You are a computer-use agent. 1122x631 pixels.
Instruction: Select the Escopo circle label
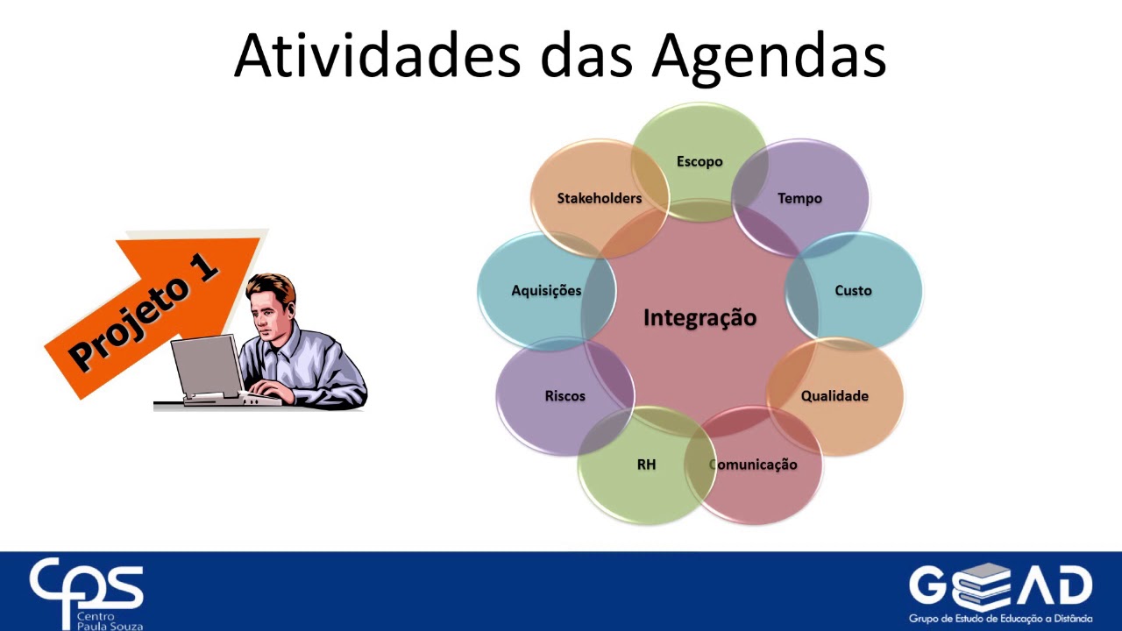point(699,161)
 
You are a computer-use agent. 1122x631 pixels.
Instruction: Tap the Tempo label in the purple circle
point(799,198)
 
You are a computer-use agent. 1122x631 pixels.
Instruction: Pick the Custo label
point(853,290)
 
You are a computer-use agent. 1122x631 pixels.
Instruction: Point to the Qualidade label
point(834,395)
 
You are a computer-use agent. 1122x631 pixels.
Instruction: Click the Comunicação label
point(755,464)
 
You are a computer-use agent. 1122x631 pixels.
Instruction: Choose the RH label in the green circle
point(646,464)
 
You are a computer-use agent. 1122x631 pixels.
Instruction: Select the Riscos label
point(565,395)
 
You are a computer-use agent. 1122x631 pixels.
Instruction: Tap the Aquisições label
point(546,290)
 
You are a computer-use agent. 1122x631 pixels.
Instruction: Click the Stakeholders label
point(600,198)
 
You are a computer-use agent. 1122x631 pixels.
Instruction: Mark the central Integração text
point(699,317)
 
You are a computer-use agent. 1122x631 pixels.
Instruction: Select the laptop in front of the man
point(209,368)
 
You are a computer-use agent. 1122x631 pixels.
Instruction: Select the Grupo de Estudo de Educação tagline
point(1000,618)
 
